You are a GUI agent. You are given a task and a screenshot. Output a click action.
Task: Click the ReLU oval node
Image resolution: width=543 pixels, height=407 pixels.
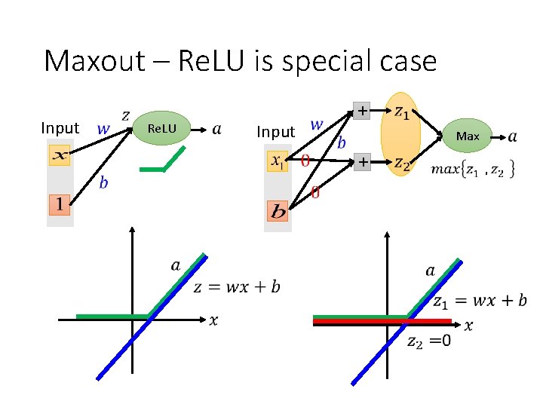click(161, 129)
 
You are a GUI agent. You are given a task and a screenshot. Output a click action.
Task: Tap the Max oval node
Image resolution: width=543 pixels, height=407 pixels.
click(468, 136)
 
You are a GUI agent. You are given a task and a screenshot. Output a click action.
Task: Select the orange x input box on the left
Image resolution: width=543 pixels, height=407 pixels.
click(60, 155)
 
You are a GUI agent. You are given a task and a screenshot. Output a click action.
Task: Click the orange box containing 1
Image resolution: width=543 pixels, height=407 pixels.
click(60, 203)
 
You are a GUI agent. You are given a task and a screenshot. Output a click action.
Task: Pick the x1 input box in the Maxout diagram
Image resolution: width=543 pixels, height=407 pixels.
click(278, 161)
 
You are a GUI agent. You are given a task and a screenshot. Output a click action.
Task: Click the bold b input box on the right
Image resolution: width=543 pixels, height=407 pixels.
click(278, 211)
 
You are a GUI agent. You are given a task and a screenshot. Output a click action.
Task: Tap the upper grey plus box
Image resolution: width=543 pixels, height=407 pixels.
click(364, 111)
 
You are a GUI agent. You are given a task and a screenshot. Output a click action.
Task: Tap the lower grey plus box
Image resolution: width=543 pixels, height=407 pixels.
click(364, 162)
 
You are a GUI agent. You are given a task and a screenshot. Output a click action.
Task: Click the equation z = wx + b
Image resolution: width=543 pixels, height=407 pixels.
click(237, 286)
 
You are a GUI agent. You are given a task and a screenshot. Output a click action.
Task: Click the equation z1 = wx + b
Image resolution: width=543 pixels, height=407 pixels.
click(480, 301)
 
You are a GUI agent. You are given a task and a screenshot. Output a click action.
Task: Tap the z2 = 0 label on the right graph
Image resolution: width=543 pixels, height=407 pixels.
click(430, 341)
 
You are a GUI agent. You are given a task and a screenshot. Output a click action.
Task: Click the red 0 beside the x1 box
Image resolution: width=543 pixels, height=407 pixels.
click(305, 161)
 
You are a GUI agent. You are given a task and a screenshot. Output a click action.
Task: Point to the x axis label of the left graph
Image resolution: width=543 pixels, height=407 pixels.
click(213, 321)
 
